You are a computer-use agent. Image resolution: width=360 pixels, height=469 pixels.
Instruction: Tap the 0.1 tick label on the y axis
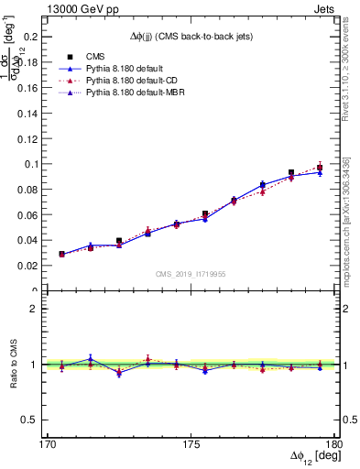(40, 164)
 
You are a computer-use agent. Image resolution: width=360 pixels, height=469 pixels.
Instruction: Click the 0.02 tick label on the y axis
(38, 266)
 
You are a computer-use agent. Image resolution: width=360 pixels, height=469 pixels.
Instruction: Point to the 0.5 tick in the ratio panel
(40, 420)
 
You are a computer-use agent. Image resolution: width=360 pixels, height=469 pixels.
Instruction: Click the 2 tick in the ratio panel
(46, 309)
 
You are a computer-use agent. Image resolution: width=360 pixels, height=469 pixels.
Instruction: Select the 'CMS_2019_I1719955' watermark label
(191, 274)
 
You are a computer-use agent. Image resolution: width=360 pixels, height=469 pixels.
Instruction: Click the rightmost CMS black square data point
(320, 169)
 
